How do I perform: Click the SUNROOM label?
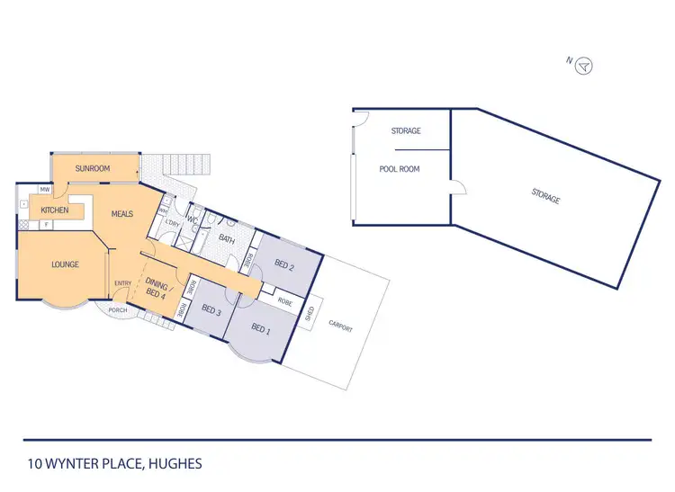tap(92, 168)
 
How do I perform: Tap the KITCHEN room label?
tap(55, 210)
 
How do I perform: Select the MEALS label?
tap(122, 214)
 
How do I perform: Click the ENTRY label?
tap(123, 284)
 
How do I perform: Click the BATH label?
tap(227, 238)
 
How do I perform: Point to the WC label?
tap(192, 219)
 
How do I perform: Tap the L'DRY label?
tap(171, 222)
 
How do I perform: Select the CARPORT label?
tap(341, 328)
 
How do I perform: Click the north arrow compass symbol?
tap(585, 65)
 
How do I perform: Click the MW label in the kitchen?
tap(44, 190)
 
